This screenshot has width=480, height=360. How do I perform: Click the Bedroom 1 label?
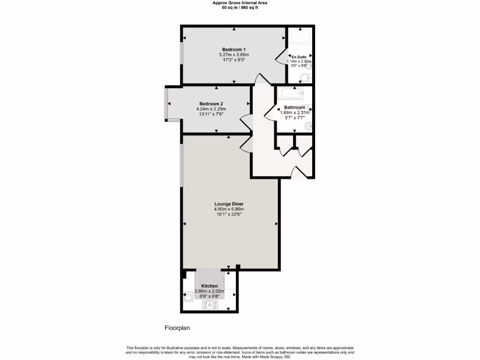(x=233, y=49)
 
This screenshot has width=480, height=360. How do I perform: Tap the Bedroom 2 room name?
(x=211, y=104)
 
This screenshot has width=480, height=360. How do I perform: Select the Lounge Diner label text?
(x=229, y=204)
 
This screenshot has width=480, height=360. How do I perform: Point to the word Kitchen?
(x=210, y=286)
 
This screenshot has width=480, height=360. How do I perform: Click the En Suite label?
(x=299, y=56)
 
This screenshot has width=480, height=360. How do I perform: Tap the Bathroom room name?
(x=294, y=107)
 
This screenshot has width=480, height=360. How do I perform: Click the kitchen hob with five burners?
(x=210, y=305)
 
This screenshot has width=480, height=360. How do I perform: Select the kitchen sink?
(x=187, y=297)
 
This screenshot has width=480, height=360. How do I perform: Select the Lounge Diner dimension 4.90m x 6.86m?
(x=229, y=209)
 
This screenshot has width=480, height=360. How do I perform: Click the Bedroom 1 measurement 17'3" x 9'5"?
(x=233, y=60)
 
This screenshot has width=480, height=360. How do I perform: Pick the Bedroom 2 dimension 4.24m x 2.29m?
(x=211, y=109)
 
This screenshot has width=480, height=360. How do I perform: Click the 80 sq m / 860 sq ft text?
(x=240, y=7)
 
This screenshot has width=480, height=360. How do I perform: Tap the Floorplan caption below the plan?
(x=177, y=328)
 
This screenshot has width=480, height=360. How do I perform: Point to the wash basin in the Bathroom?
(x=307, y=109)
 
